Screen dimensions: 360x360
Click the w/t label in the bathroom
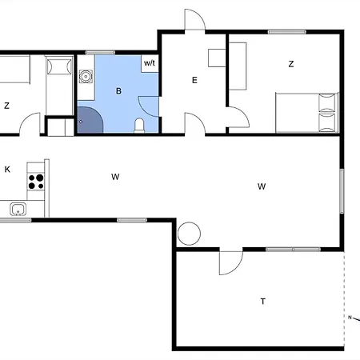tap(150, 63)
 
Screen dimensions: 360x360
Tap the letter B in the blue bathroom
tap(118, 91)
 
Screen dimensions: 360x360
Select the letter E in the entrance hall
tap(194, 80)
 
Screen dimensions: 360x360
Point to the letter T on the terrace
tap(263, 302)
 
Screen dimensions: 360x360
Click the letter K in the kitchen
tap(7, 169)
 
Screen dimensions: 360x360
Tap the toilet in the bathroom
tap(139, 126)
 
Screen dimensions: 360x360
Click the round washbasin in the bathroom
tap(86, 77)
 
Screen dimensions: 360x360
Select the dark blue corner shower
tap(90, 119)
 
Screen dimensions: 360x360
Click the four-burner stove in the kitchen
tap(36, 182)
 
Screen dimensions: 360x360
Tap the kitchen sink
tap(18, 209)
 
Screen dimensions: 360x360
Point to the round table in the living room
tap(189, 234)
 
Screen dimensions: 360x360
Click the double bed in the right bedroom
tap(307, 113)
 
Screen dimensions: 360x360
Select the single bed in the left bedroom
tap(59, 86)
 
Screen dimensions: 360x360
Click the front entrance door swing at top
tap(195, 19)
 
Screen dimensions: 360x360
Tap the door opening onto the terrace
tap(231, 263)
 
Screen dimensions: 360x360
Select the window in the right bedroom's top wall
tap(287, 32)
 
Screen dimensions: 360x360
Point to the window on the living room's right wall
tap(342, 191)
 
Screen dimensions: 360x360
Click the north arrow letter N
tap(350, 317)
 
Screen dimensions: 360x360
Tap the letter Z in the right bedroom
tap(291, 64)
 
